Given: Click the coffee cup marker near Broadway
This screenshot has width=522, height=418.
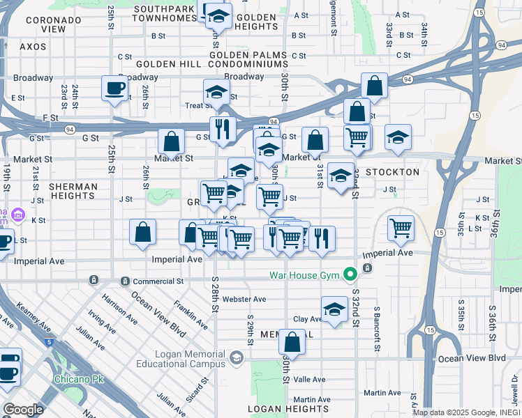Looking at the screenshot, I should tap(114, 89).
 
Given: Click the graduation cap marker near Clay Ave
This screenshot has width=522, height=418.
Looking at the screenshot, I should tap(334, 310).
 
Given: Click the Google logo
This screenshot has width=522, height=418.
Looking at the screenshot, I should tap(23, 410).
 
